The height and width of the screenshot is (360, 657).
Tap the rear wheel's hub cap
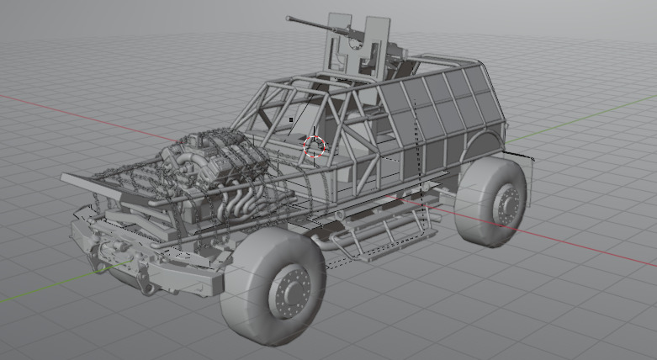(x=507, y=203)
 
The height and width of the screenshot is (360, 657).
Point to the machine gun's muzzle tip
(x=289, y=17)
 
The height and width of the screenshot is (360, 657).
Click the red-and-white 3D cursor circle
(x=315, y=146)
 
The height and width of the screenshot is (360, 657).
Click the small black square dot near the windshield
(x=291, y=119)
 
